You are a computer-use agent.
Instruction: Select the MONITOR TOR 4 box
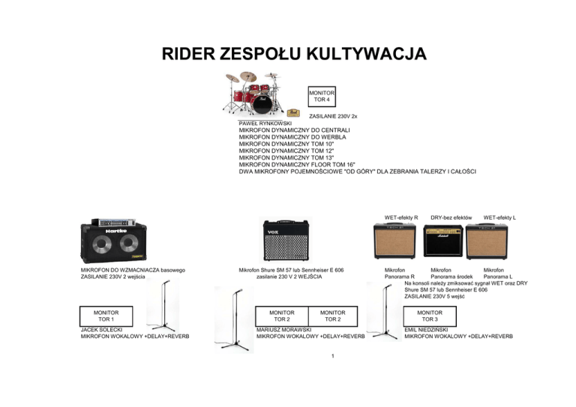321,95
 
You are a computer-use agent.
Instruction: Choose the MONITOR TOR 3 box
430,316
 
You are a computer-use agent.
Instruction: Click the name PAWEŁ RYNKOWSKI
270,122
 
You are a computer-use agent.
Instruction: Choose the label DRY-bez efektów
450,217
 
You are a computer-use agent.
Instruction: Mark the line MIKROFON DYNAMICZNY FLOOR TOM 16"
296,163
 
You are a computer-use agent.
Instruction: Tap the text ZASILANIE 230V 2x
333,117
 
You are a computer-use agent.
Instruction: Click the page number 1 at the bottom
332,356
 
